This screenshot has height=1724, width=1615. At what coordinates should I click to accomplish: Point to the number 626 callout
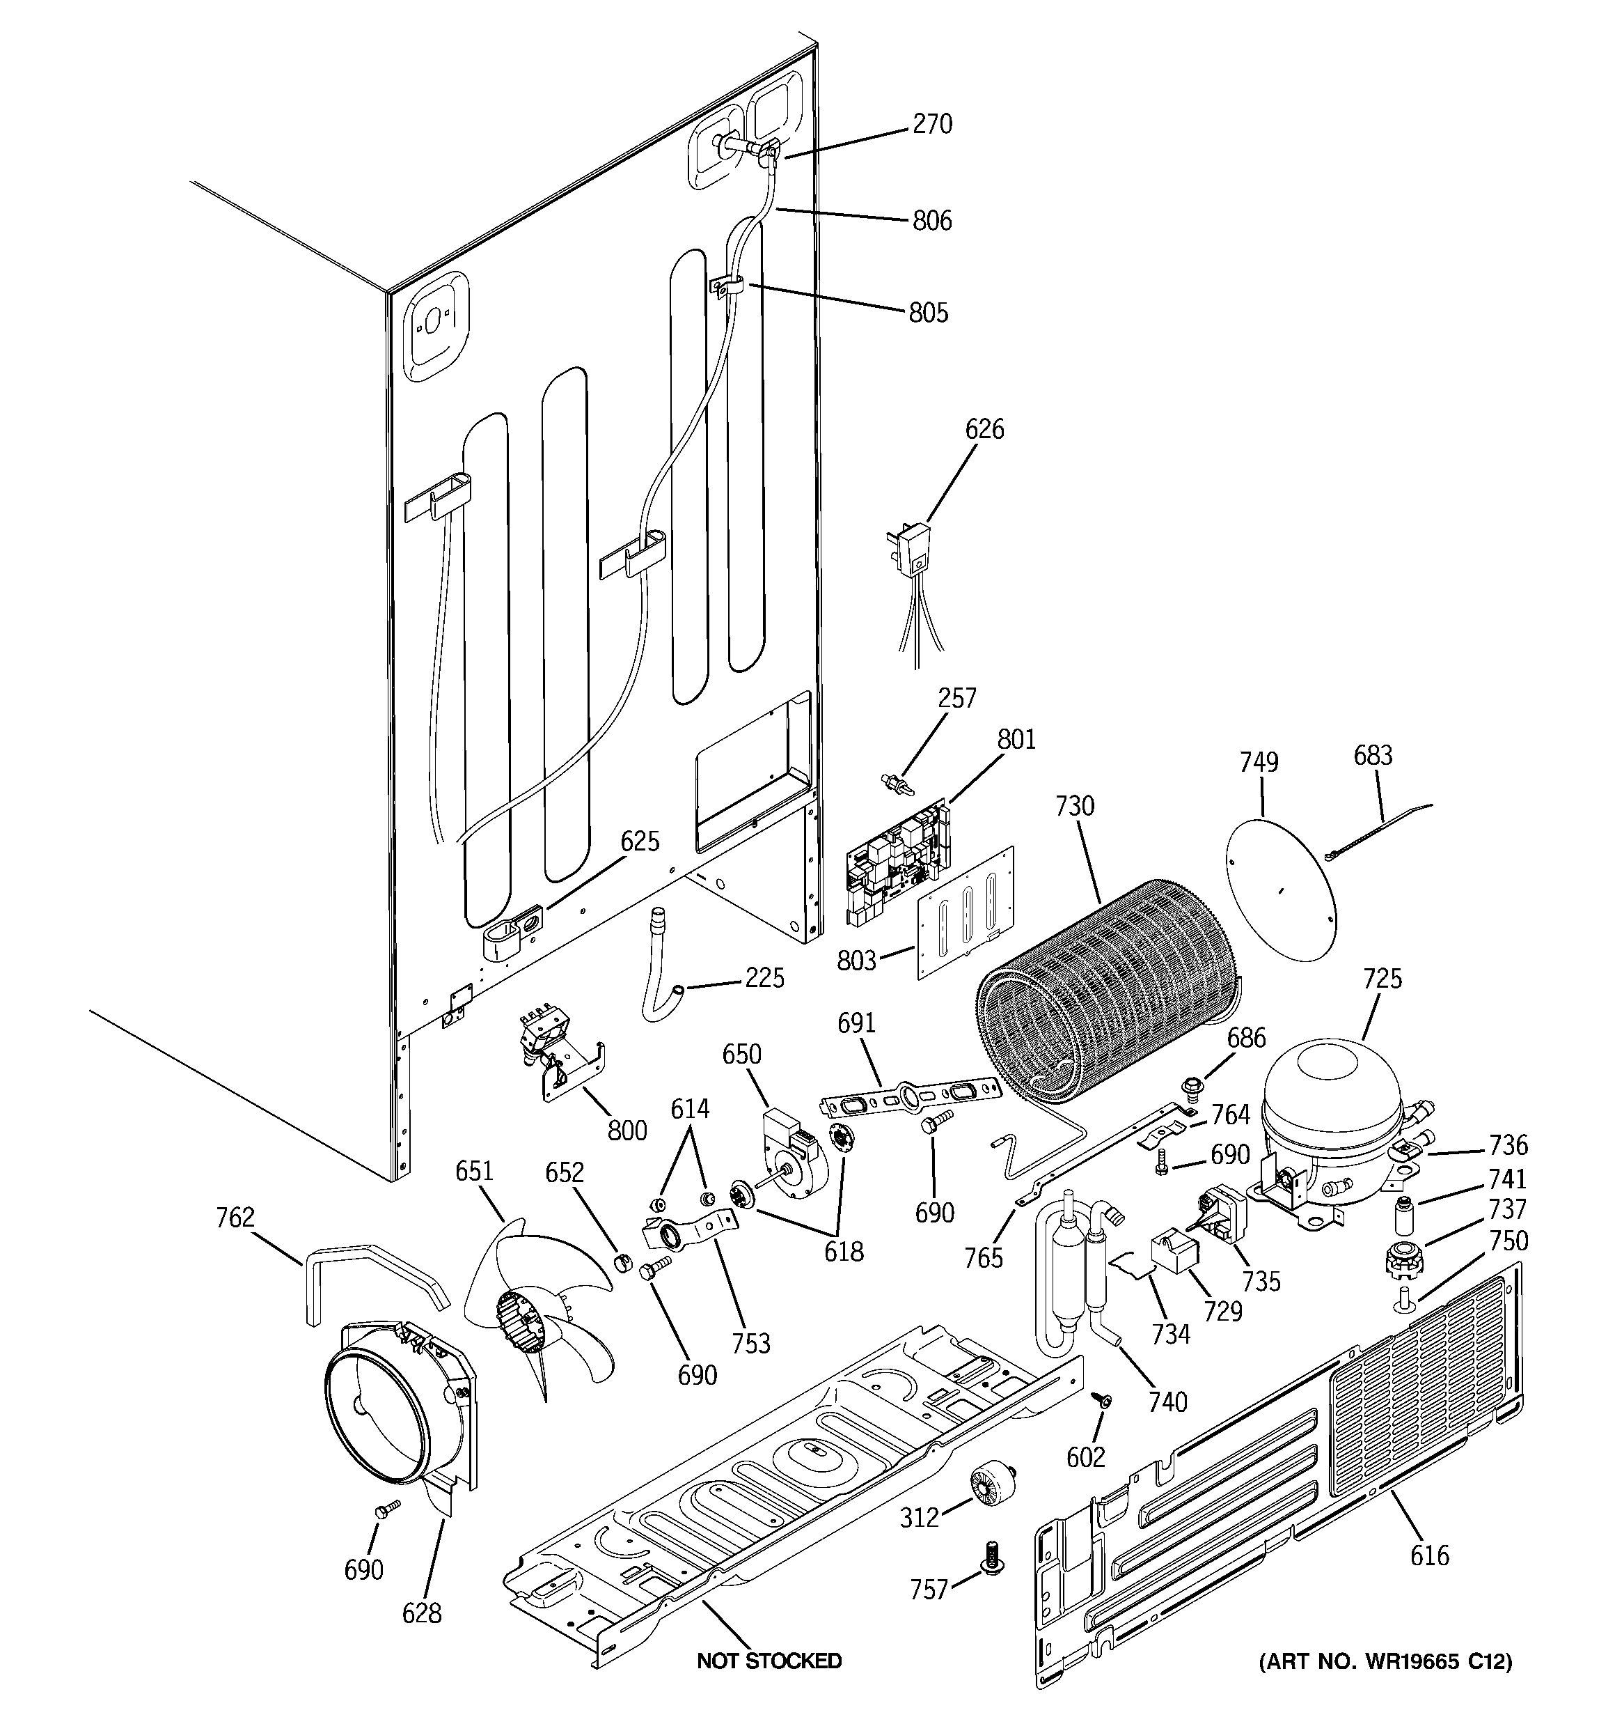coord(984,429)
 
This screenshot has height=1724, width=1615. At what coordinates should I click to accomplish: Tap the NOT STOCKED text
coord(769,1661)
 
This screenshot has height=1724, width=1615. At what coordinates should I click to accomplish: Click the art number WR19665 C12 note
coord(1385,1661)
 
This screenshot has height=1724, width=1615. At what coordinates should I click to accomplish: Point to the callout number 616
coord(1428,1555)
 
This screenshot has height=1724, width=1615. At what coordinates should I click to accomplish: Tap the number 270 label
coord(932,124)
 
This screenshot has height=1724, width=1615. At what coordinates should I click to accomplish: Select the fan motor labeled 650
coord(793,1154)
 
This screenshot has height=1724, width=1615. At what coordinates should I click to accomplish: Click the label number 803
coord(856,960)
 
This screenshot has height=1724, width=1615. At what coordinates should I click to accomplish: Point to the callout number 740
coord(1167,1401)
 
